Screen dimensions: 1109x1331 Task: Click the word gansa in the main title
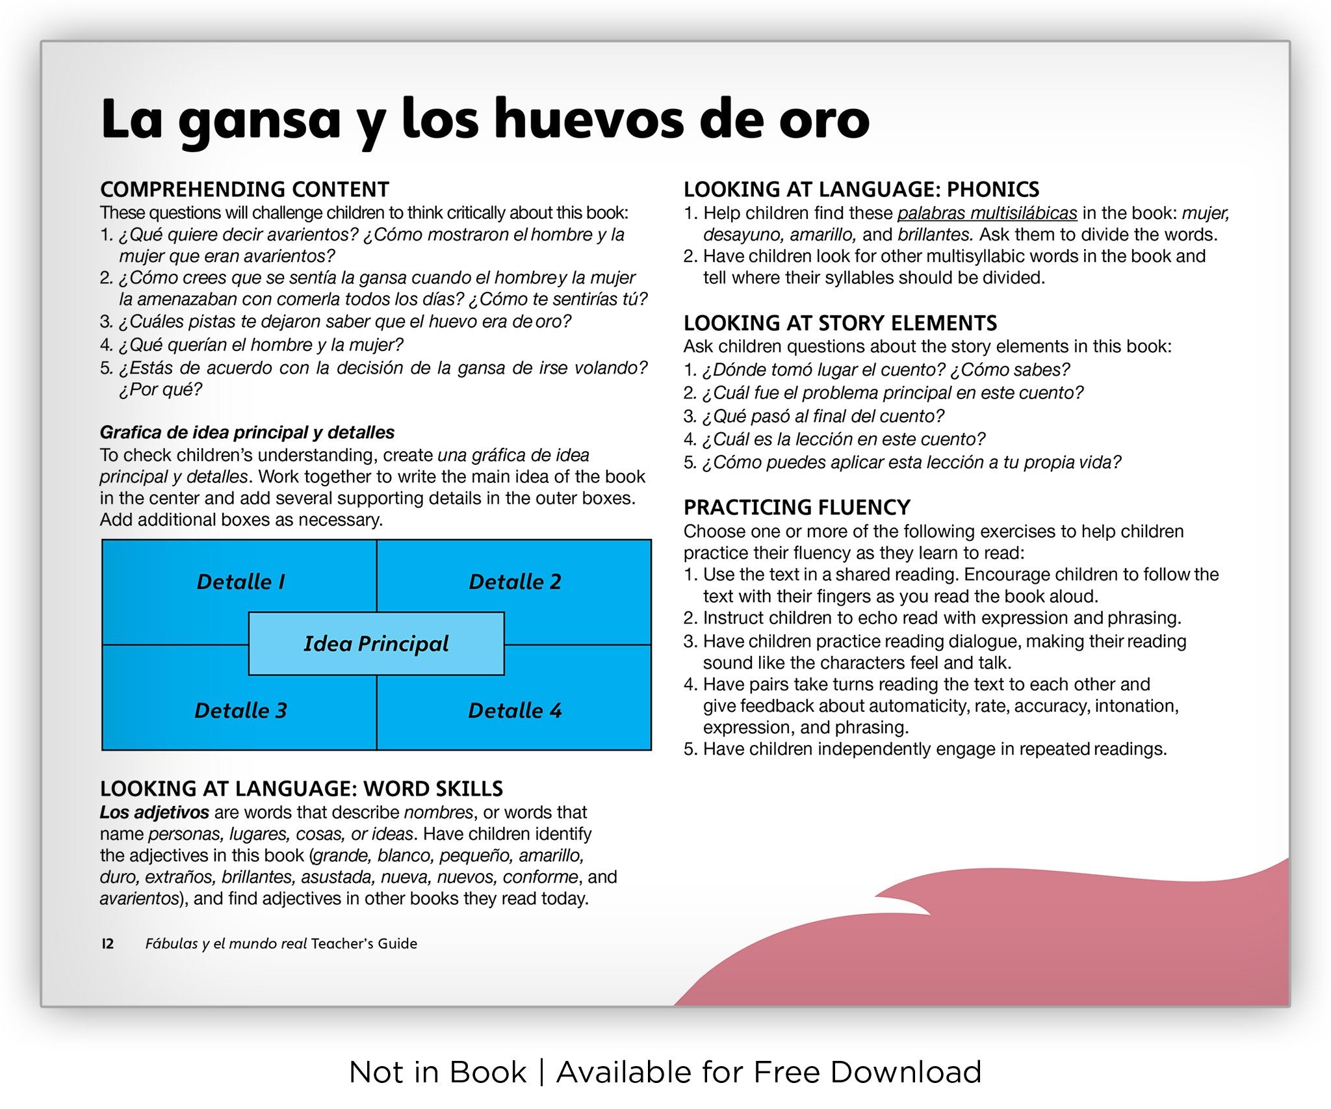(x=259, y=121)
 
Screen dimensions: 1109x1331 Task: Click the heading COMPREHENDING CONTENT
(x=244, y=189)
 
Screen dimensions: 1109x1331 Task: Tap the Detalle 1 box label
(x=240, y=581)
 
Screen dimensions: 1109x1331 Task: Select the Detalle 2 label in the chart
(x=515, y=581)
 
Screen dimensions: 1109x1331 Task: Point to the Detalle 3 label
(x=240, y=710)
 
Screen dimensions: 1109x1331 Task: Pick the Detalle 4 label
(x=515, y=710)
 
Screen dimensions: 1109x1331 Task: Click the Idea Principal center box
(x=376, y=644)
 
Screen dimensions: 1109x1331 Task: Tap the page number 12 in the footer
(x=107, y=943)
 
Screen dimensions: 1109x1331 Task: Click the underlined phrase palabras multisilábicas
(x=987, y=213)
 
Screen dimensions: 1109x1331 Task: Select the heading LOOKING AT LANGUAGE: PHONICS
(x=861, y=189)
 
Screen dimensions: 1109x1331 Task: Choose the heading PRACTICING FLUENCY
(x=797, y=507)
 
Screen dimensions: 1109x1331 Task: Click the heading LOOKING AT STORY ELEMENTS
(x=840, y=323)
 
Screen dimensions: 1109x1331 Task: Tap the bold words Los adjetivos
(x=154, y=812)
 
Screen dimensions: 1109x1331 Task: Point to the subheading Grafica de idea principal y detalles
(x=247, y=432)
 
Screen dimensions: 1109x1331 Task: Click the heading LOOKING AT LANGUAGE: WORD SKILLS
(x=302, y=789)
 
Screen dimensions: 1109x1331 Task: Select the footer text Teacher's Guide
(x=364, y=943)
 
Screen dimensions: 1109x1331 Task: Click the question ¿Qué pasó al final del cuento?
(x=822, y=416)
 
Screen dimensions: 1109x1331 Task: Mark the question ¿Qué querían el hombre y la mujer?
(x=260, y=345)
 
